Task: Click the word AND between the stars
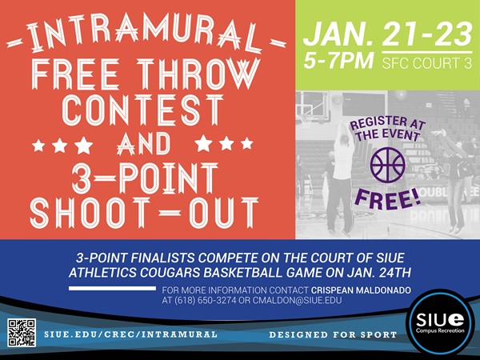coord(146,145)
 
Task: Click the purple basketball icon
coord(388,164)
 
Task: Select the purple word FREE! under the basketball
coord(388,195)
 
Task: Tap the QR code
coord(22,332)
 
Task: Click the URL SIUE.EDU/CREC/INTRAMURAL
coord(130,333)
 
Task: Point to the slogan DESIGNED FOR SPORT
coord(332,333)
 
